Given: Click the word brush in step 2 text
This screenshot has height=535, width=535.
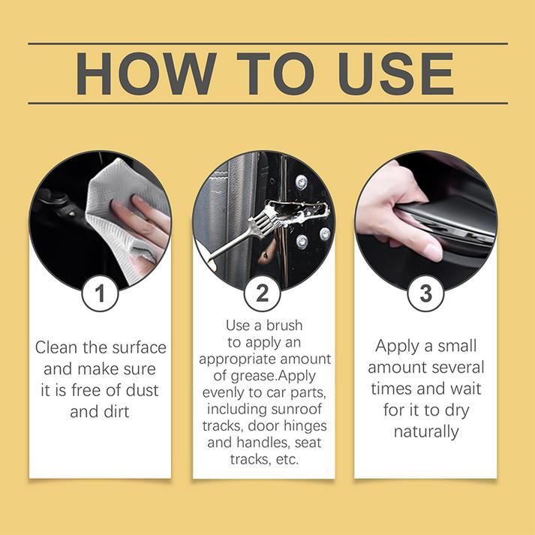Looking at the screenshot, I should tap(282, 326).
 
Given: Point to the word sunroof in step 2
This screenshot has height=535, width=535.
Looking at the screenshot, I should tap(296, 409).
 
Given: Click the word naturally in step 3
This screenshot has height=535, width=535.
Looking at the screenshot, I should tap(425, 431).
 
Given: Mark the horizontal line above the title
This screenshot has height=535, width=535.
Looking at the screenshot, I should tap(267, 44).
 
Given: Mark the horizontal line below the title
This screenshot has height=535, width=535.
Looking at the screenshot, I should tap(267, 103).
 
